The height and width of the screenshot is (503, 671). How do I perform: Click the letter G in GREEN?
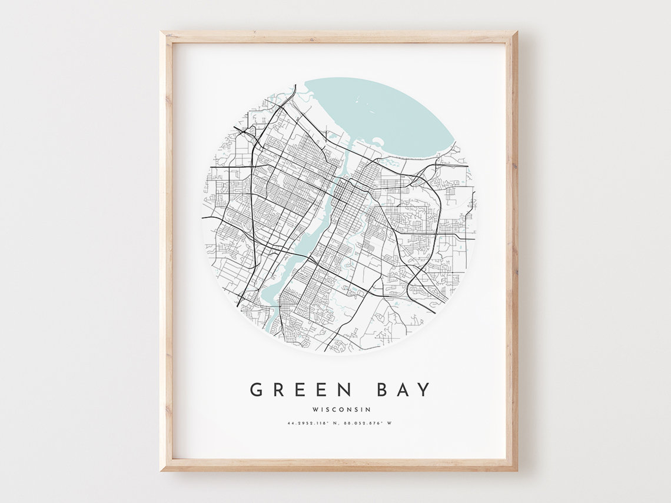coord(256,389)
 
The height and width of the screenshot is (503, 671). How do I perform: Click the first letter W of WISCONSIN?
coord(316,409)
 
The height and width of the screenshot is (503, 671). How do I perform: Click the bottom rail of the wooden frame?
coord(338,465)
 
